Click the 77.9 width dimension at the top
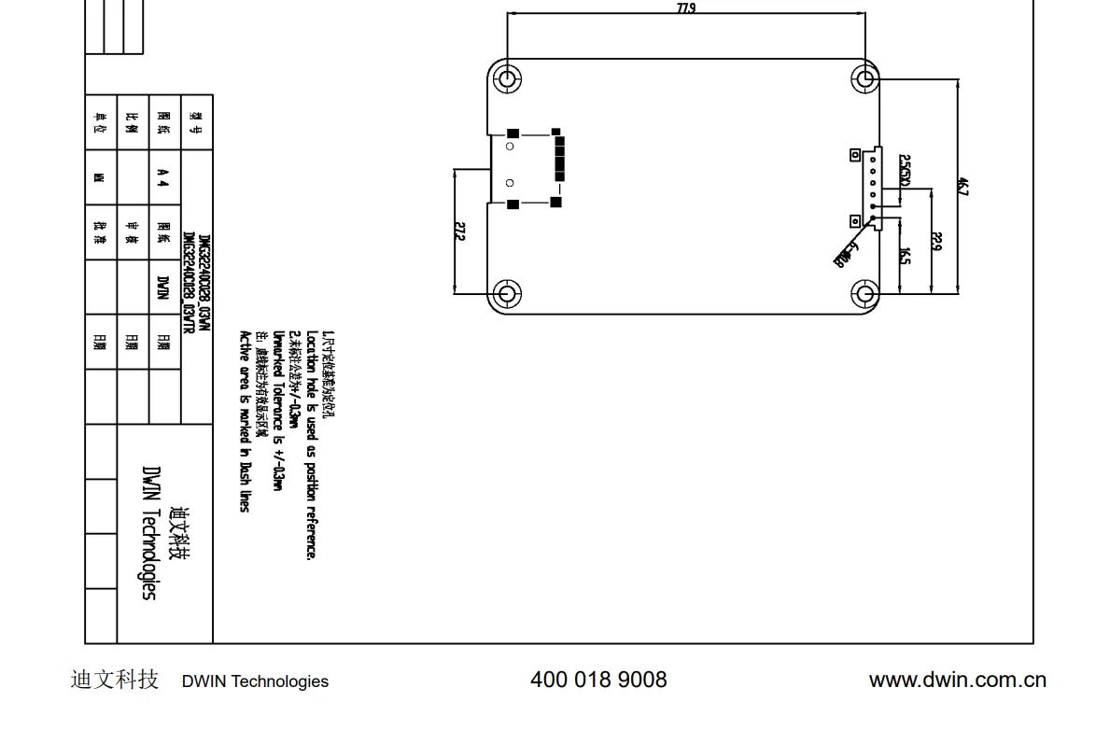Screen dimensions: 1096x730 coord(686,8)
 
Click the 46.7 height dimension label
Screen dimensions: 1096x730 coord(963,186)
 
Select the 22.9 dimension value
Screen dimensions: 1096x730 coord(936,241)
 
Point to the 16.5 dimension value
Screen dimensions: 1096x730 coord(905,255)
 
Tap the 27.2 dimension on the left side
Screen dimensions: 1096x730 coord(459,231)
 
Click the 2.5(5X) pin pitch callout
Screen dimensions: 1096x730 coord(905,170)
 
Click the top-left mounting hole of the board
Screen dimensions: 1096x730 coord(507,77)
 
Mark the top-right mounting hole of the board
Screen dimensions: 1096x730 coord(864,77)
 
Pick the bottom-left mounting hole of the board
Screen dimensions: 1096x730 coord(507,294)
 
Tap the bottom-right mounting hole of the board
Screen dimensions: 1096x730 coord(864,294)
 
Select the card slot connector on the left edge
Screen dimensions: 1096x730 coord(527,168)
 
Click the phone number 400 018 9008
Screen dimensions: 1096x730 coord(598,680)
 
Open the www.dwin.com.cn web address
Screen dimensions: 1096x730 coord(957,680)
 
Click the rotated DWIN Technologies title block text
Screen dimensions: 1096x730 coord(149,532)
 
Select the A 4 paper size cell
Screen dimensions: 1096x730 coord(163,177)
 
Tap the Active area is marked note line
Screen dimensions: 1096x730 coord(245,420)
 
